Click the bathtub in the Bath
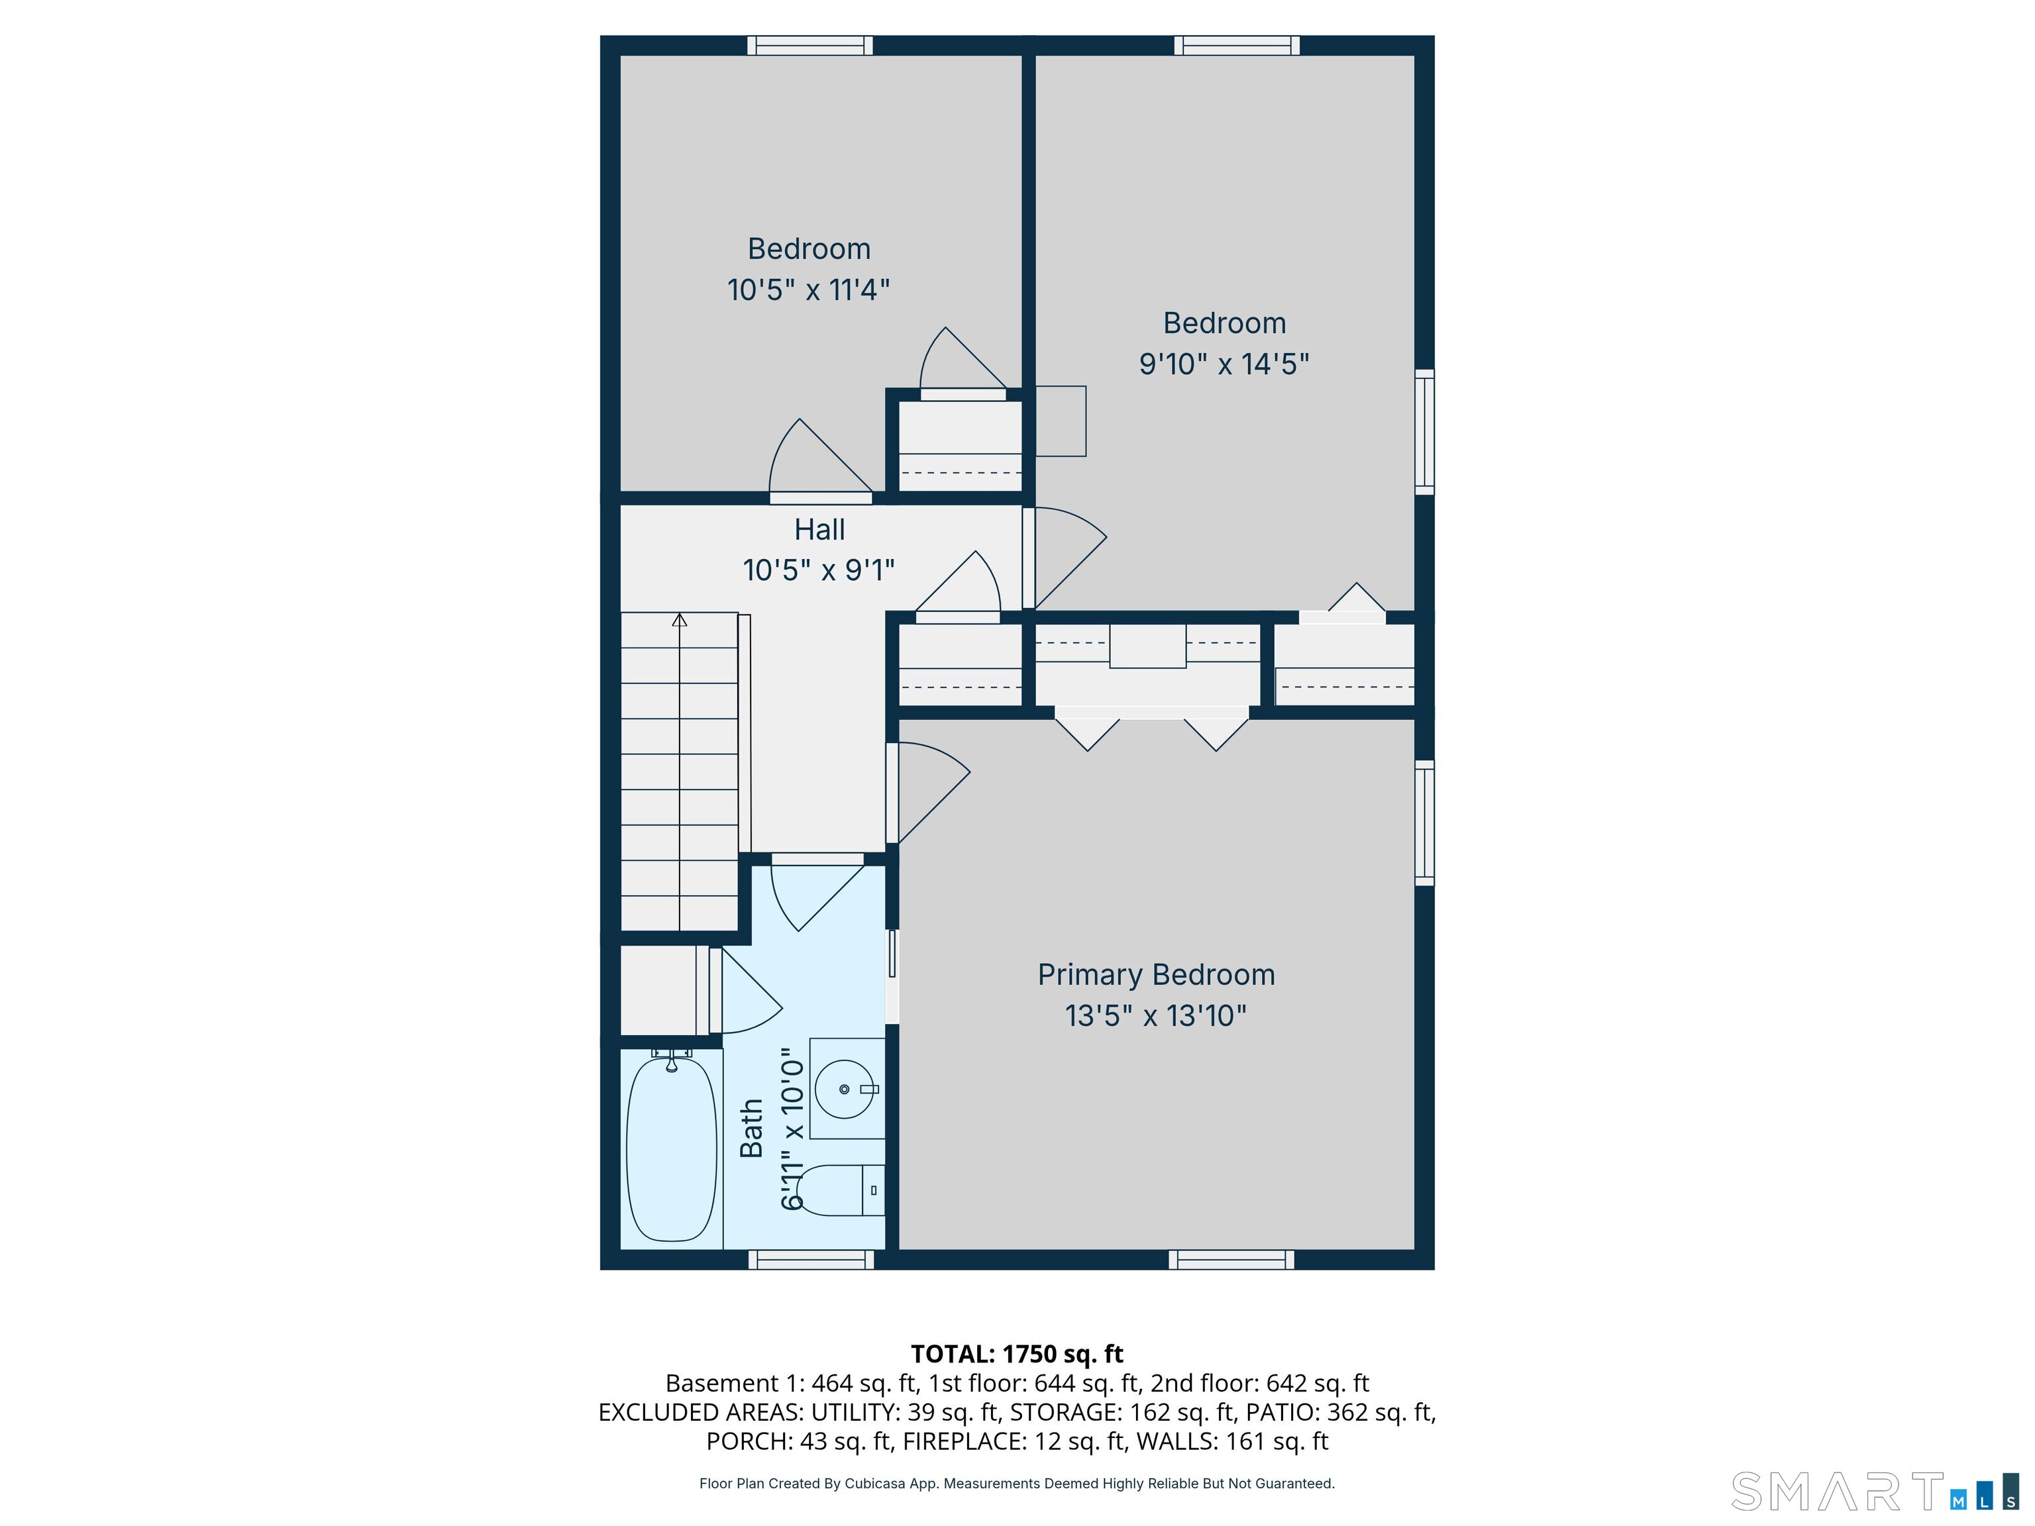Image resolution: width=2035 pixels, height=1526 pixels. [x=670, y=1149]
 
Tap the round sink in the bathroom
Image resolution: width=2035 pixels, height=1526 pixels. [x=844, y=1089]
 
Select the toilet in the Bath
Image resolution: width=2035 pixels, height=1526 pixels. [x=839, y=1190]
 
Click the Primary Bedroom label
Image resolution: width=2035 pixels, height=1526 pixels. [x=1155, y=975]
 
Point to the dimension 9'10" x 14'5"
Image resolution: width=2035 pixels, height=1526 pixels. [x=1224, y=364]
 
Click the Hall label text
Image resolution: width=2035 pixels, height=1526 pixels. [x=819, y=530]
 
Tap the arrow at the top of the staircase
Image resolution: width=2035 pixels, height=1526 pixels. [x=679, y=620]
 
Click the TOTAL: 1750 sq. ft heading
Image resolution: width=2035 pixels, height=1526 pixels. [x=1017, y=1354]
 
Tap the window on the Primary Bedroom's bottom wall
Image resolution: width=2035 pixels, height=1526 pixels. [x=1231, y=1259]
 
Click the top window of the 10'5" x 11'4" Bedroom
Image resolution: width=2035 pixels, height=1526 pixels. [x=809, y=45]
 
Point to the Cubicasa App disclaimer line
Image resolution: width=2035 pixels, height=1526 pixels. [x=1017, y=1483]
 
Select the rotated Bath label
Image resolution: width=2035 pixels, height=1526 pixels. [x=752, y=1128]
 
